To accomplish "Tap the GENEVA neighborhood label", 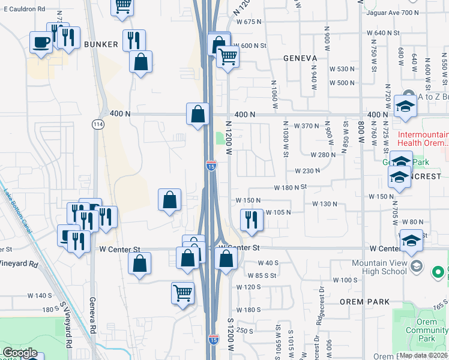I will [x=300, y=58].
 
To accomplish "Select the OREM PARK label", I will [x=364, y=302].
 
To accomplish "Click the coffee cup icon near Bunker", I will [x=41, y=43].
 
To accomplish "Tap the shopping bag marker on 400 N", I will [x=198, y=113].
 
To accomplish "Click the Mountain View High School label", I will [x=379, y=267].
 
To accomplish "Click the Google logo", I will [x=19, y=353].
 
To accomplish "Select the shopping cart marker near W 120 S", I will [x=182, y=293].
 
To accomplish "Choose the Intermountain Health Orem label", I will [x=423, y=139].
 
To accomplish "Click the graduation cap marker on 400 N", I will [x=405, y=107].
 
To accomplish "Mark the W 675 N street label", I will [x=250, y=22].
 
